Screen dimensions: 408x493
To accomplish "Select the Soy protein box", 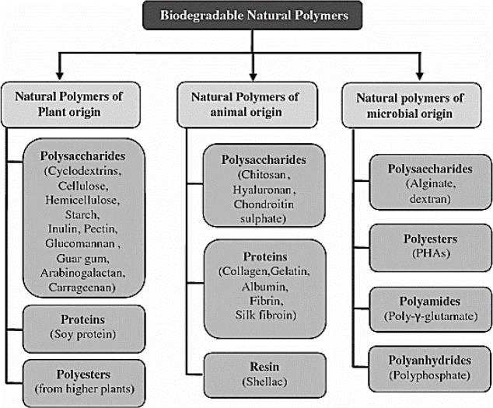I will coord(83,326).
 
